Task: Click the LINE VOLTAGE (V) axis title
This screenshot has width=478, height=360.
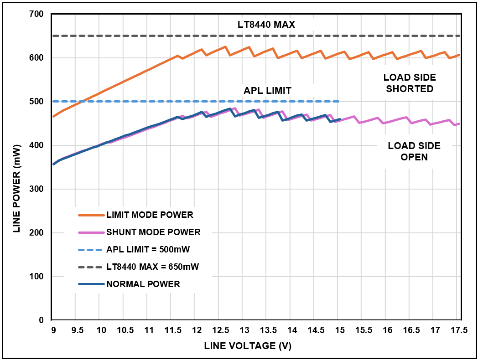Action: (x=248, y=346)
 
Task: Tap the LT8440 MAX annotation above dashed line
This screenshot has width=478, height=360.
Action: (x=266, y=25)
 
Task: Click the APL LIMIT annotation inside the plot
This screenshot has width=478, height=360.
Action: (x=267, y=90)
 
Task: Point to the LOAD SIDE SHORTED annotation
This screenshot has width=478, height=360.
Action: (x=410, y=83)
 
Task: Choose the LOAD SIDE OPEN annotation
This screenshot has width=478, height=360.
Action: (x=414, y=151)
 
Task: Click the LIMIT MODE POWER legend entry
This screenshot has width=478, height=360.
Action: (x=150, y=215)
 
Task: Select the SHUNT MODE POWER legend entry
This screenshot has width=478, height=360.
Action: (x=153, y=232)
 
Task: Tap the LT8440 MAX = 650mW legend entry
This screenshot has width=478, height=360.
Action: (x=153, y=267)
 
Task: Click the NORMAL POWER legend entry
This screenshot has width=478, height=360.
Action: (x=143, y=284)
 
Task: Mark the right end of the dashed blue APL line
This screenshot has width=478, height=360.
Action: (x=339, y=101)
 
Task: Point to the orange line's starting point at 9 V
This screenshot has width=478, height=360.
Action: (x=53, y=117)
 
